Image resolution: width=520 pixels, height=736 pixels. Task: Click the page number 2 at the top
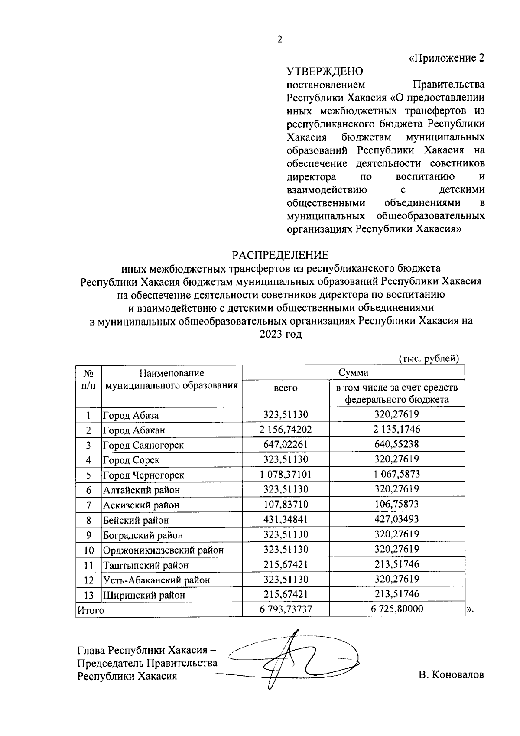(x=279, y=40)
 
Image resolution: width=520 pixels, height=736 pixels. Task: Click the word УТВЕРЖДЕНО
(x=325, y=71)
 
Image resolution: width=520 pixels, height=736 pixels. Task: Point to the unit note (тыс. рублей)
(x=428, y=358)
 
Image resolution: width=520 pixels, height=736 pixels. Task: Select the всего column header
(x=286, y=388)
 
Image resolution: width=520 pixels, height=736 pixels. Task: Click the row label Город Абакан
(x=134, y=430)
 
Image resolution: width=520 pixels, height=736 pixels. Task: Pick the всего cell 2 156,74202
(x=286, y=430)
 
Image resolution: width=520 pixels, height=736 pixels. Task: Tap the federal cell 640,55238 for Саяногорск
(x=396, y=444)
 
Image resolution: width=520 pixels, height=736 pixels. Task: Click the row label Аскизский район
(x=141, y=505)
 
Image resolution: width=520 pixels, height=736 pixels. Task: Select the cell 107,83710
(x=286, y=504)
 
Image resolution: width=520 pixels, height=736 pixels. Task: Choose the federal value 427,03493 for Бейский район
(x=396, y=519)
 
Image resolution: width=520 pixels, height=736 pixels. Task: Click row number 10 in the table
(x=88, y=550)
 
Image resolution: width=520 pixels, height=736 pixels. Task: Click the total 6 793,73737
(x=286, y=609)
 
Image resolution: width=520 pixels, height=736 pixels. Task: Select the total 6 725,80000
(x=396, y=609)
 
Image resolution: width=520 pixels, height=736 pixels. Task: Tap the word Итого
(x=91, y=610)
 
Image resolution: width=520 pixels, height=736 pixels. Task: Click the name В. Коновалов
(x=451, y=675)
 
